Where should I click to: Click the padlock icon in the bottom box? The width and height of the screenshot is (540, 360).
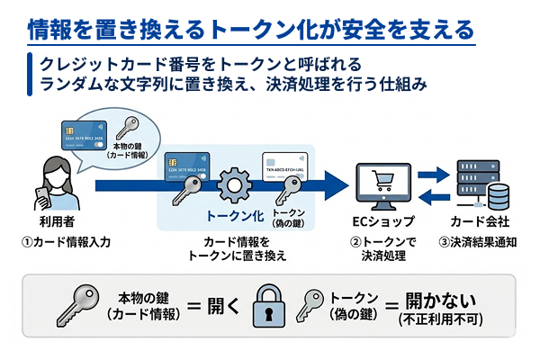pyautogui.click(x=271, y=308)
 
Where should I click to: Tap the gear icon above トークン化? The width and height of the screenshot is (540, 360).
pyautogui.click(x=234, y=184)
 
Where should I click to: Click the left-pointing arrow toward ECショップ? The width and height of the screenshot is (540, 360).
pyautogui.click(x=435, y=195)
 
